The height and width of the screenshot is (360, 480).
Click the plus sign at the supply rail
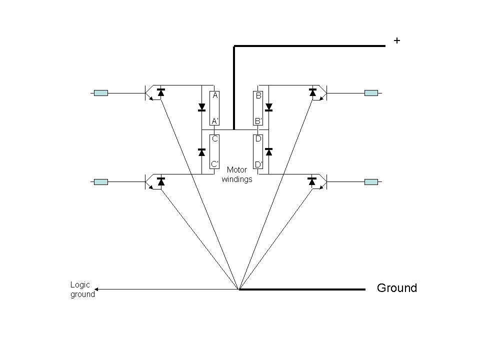point(397,41)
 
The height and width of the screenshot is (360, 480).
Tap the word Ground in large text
point(396,288)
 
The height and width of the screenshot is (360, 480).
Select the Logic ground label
point(82,289)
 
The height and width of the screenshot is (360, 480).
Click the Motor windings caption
point(237,174)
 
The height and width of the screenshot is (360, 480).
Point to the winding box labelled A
point(215,108)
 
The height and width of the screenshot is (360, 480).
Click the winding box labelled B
point(258,108)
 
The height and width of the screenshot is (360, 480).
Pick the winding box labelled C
point(215,151)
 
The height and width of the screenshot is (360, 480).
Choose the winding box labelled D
point(258,151)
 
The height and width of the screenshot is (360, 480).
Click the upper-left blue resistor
point(101,93)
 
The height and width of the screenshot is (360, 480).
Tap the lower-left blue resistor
point(101,182)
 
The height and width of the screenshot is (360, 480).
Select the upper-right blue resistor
point(371,93)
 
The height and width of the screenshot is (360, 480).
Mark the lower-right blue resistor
point(371,182)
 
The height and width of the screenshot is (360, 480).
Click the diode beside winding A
point(202,107)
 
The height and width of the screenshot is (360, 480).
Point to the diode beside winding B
point(269,107)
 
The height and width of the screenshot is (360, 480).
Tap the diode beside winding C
point(202,151)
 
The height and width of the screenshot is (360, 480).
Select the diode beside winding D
point(269,151)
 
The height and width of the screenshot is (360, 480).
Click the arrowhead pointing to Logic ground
point(97,289)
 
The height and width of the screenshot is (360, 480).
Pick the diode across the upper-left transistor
point(161,92)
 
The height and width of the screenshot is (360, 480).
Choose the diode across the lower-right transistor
point(312,181)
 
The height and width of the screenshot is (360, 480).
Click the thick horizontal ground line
point(302,289)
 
